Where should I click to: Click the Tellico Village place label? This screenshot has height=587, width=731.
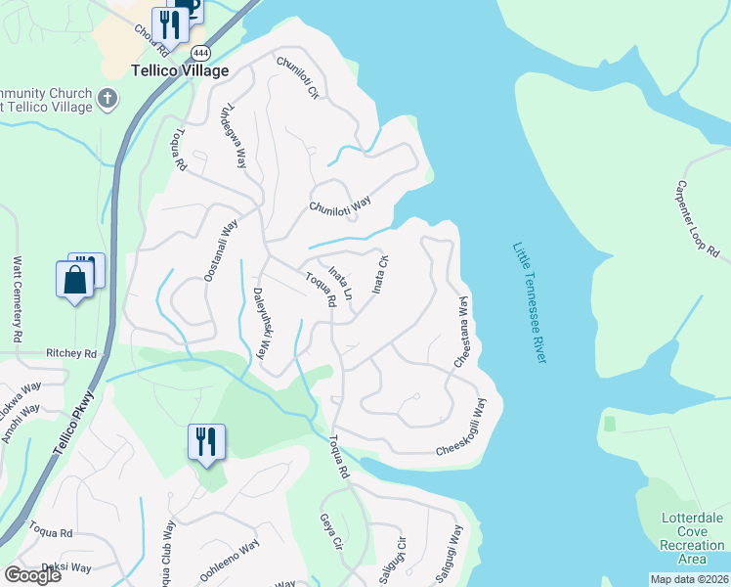(x=180, y=70)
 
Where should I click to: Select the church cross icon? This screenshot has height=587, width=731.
(x=107, y=98)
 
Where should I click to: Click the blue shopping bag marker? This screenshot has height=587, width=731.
(x=75, y=281)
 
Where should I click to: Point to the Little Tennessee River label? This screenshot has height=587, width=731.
(x=529, y=303)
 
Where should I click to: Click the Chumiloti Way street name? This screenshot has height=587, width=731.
(x=340, y=204)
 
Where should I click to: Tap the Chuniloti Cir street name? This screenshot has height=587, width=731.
(x=298, y=79)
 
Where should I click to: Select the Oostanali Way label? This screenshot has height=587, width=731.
(x=221, y=251)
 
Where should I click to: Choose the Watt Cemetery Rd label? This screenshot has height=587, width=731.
(x=18, y=299)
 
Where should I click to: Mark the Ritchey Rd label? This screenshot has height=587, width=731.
(x=72, y=353)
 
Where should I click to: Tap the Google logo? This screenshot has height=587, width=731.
(x=32, y=575)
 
